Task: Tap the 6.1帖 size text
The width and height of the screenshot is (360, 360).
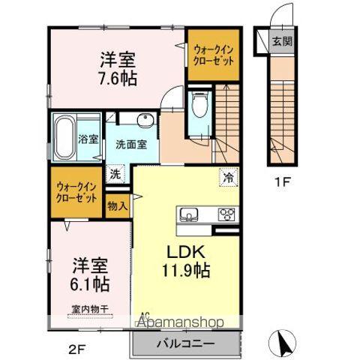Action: pos(90,285)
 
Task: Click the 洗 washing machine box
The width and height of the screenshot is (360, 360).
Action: pos(115,173)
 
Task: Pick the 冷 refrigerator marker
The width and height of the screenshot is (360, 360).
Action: pos(226,177)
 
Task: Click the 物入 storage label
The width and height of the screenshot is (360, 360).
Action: pos(118,204)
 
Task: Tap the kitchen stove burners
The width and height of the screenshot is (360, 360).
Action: pos(225,215)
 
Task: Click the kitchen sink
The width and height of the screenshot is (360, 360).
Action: pos(187,215)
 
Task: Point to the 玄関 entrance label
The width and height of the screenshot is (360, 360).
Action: pos(282,42)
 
